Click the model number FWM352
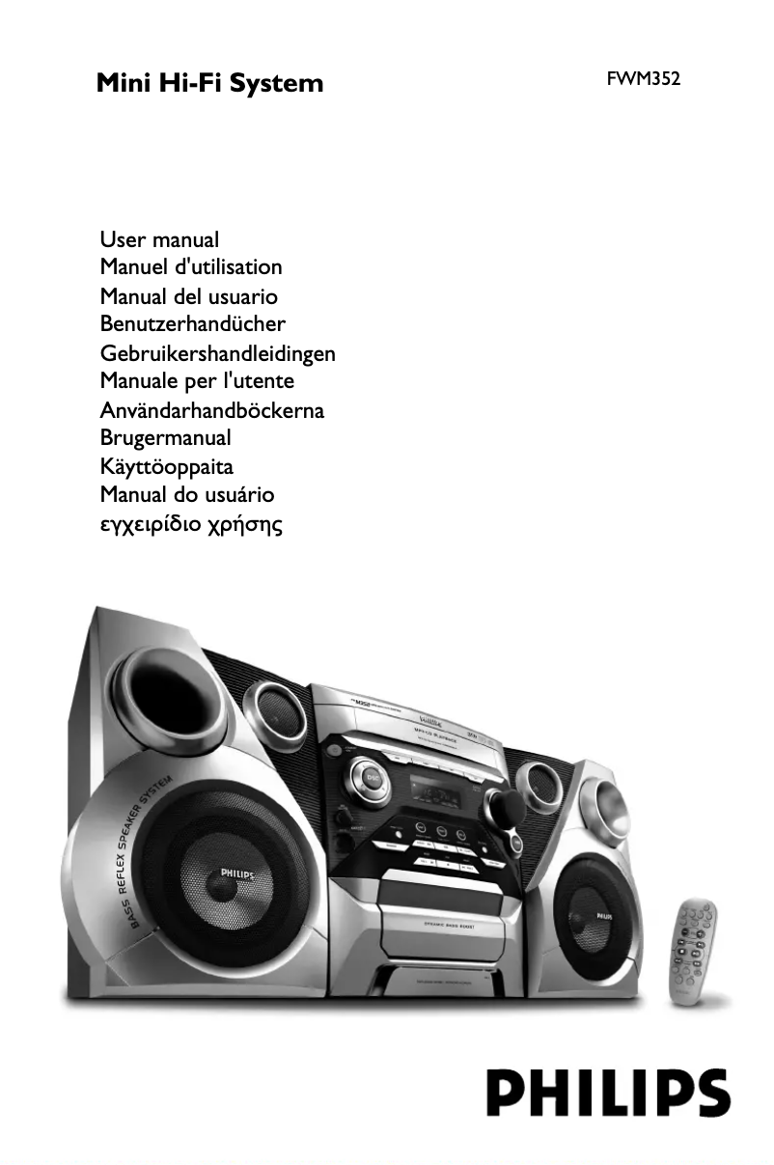pos(643,80)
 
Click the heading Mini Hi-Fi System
pos(209,83)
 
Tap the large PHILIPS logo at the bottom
pos(607,1094)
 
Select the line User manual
pos(159,238)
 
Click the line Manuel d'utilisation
pos(191,266)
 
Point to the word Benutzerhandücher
pos(192,323)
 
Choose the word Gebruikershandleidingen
pos(217,353)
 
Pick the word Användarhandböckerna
pos(211,410)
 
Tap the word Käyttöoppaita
pos(166,467)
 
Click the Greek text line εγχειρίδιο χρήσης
pos(191,525)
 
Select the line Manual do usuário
pos(187,495)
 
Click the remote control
pos(693,947)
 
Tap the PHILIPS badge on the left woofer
pos(236,874)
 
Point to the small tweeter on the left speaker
pos(275,713)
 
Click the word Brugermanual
pos(165,438)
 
